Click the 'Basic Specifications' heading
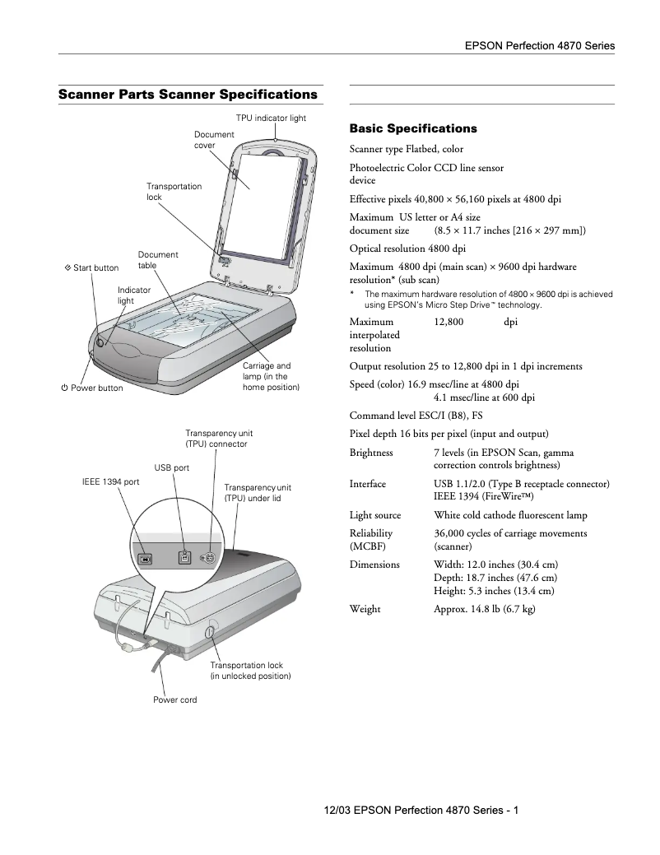coord(413,128)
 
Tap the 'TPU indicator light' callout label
coord(271,118)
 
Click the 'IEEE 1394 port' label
coord(110,481)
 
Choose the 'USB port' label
coord(172,467)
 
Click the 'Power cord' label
coord(174,699)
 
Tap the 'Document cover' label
coord(214,140)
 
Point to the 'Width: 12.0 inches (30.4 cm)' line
coord(495,565)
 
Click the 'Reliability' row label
coord(371,533)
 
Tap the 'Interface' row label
coord(368,484)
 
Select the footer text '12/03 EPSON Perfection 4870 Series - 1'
coord(421,810)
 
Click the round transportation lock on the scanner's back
coord(208,632)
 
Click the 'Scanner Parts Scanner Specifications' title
coord(188,95)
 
